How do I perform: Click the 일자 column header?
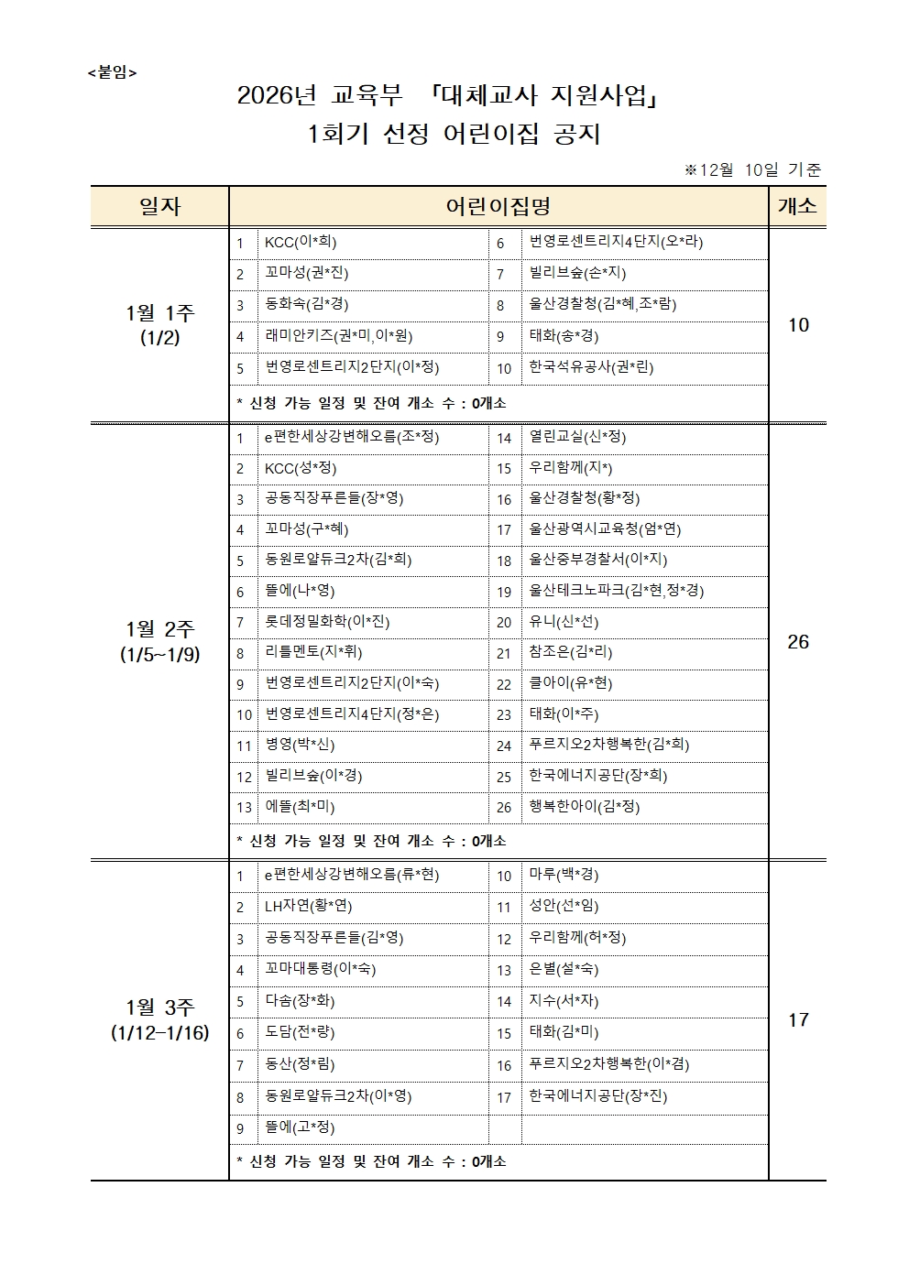click(159, 207)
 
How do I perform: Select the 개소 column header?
click(796, 207)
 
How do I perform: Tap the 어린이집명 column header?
click(498, 207)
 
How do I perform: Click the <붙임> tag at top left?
click(112, 72)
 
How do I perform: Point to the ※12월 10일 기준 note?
click(752, 169)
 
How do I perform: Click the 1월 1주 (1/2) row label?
click(159, 324)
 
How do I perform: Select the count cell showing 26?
click(797, 641)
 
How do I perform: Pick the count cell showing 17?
click(797, 1019)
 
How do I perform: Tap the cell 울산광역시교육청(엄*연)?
click(605, 529)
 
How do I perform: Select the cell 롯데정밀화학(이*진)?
click(327, 622)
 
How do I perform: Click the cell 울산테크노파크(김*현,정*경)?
click(616, 591)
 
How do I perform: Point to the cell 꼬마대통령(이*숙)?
click(320, 969)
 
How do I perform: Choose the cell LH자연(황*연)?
click(308, 907)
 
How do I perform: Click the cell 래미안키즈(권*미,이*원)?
click(338, 336)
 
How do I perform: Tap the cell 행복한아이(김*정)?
click(584, 807)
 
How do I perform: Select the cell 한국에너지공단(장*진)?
click(597, 1095)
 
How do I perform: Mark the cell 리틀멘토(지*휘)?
click(313, 653)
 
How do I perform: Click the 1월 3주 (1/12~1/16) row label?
click(159, 1019)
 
